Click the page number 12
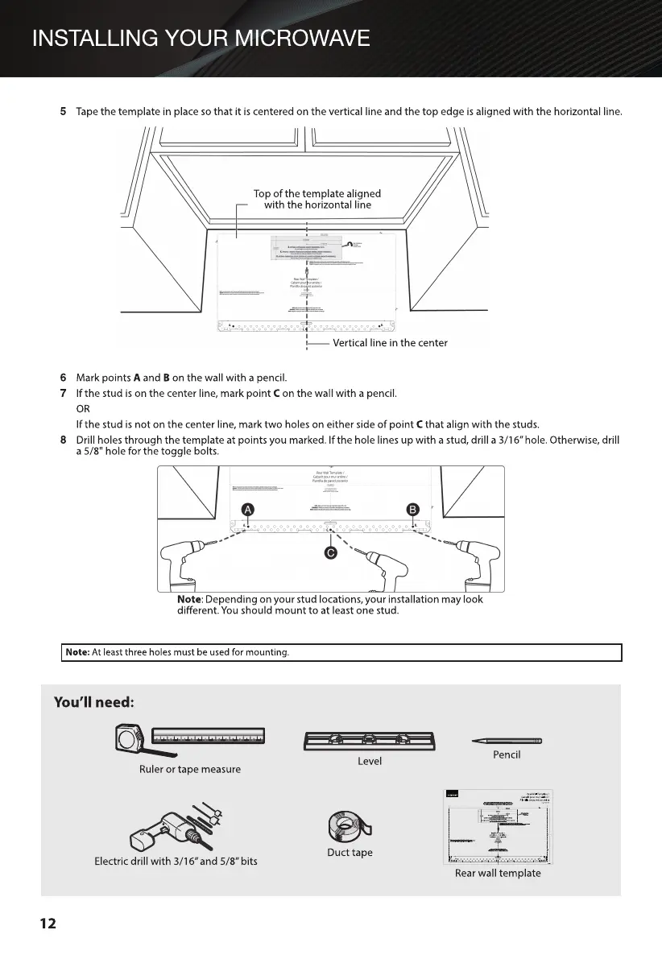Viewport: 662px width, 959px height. coord(48,924)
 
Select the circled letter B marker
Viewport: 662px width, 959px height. coord(412,509)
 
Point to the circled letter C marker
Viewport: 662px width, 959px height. coord(330,553)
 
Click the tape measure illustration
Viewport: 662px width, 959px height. coord(192,738)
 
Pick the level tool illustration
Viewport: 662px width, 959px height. coord(370,740)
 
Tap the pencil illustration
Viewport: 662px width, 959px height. coord(507,740)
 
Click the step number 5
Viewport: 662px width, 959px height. coord(63,111)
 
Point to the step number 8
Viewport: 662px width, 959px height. coord(63,440)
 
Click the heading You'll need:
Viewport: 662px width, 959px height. coord(93,702)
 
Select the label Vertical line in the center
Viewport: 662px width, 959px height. coord(390,343)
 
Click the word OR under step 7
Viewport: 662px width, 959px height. coord(83,409)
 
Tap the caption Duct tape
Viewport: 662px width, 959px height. coord(350,853)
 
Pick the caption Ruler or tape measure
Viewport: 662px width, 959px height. coord(189,770)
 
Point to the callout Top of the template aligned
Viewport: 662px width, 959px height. coord(317,193)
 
